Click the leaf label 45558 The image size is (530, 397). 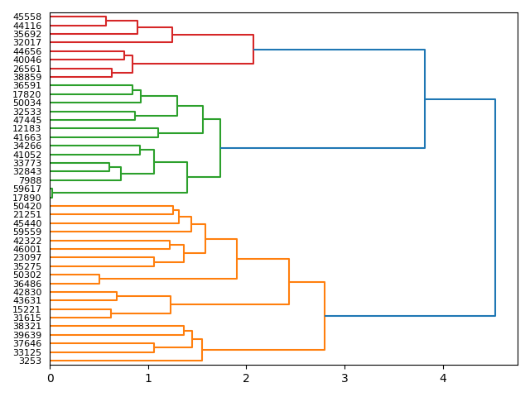point(27,17)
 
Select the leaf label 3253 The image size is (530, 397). point(30,361)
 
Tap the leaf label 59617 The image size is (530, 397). point(27,189)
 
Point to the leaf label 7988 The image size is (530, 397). point(30,180)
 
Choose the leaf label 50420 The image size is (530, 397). point(27,206)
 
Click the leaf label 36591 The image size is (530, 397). point(27,85)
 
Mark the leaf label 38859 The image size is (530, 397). point(27,77)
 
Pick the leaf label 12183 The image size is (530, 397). point(27,128)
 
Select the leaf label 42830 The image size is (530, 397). point(27,292)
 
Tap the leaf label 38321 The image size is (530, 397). point(27,327)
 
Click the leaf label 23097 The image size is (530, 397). point(27,257)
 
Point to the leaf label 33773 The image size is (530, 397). point(27,163)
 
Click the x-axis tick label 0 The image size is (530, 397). point(50,378)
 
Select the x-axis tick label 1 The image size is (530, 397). point(148,378)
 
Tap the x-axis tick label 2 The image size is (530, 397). point(246,378)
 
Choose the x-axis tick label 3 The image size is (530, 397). point(344,378)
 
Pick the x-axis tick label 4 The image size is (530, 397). point(443,378)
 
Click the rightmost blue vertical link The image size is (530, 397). point(495,208)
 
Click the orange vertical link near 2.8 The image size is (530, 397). point(325,316)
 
